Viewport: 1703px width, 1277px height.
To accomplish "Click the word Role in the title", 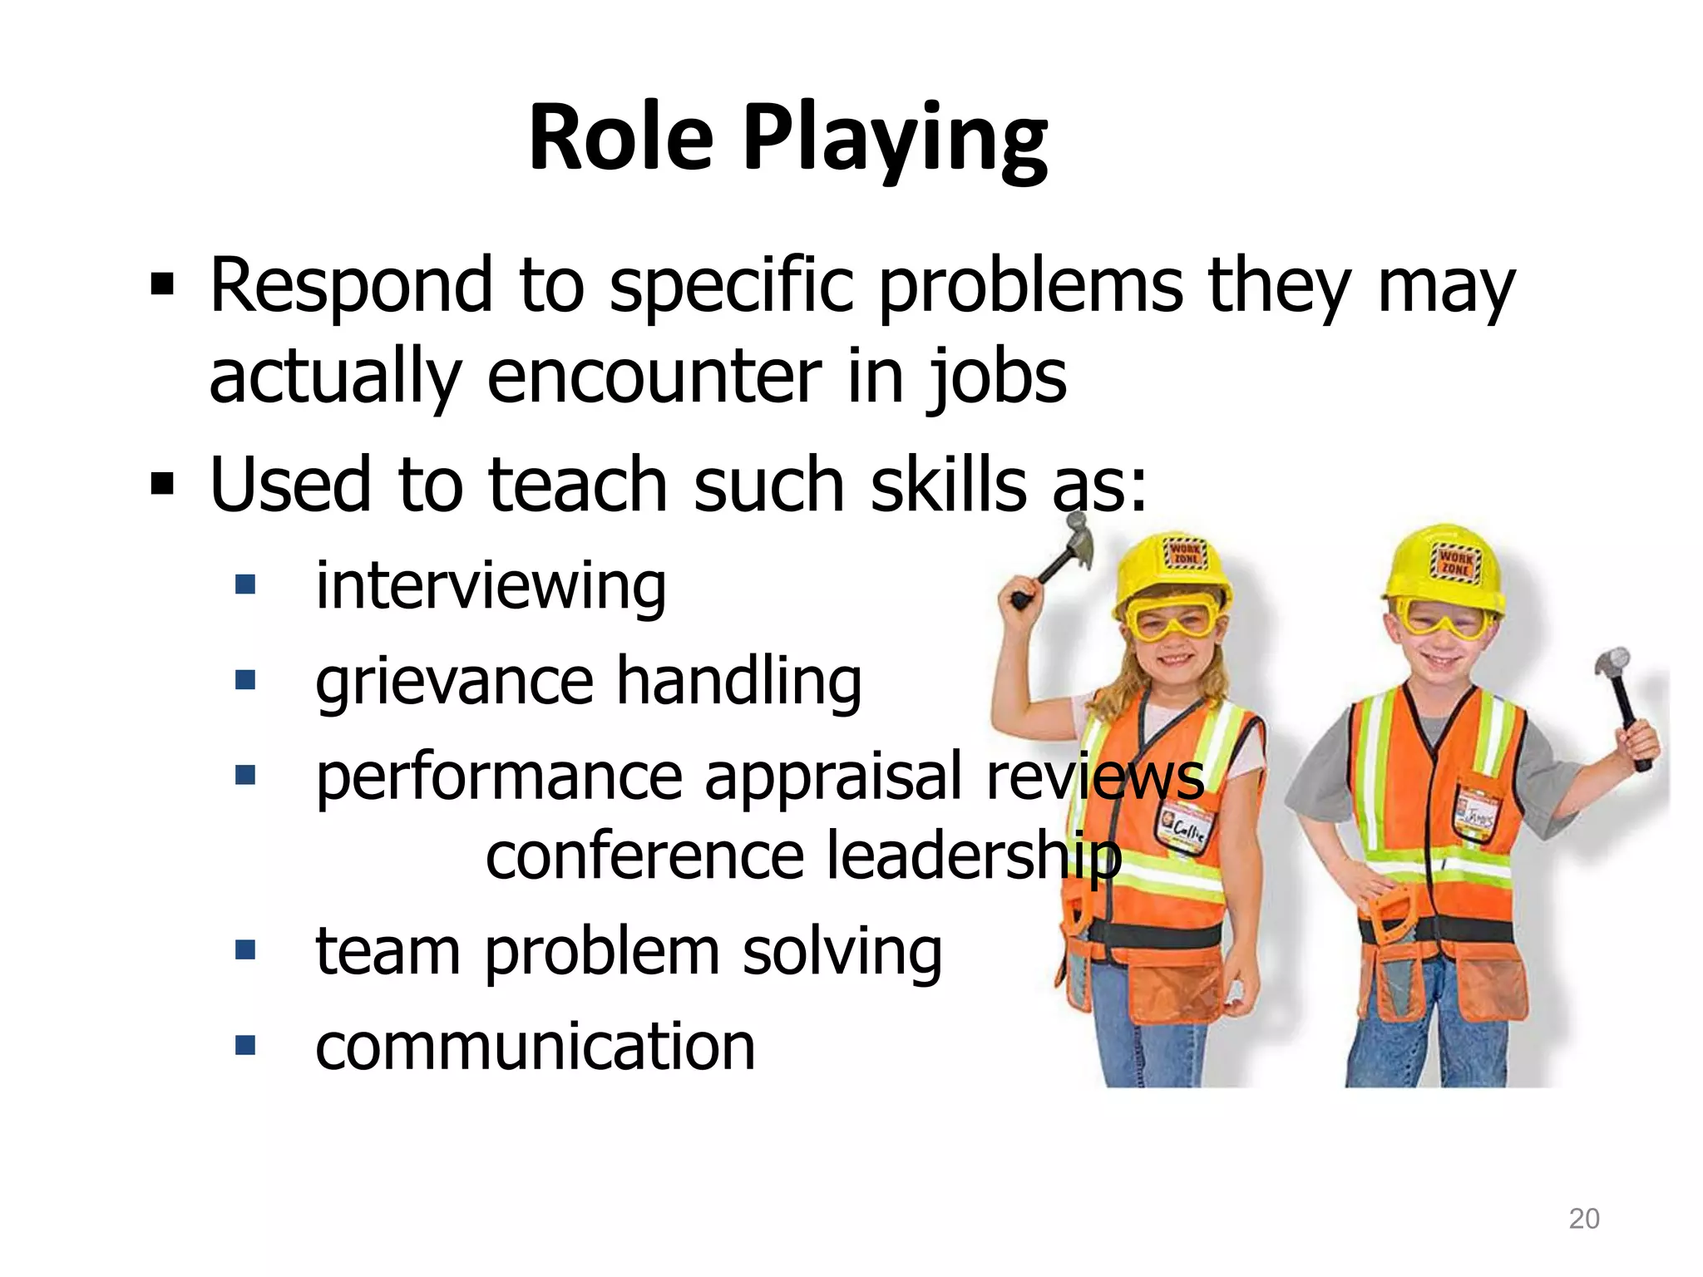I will pyautogui.click(x=620, y=137).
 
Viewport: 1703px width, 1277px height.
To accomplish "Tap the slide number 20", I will pyautogui.click(x=1583, y=1219).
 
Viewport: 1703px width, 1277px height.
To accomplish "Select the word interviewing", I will pyautogui.click(x=491, y=587).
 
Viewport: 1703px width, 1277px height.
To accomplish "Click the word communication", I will pyautogui.click(x=536, y=1046).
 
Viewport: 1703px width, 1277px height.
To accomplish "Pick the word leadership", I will pyautogui.click(x=974, y=856).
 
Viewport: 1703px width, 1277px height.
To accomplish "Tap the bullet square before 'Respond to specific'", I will pyautogui.click(x=162, y=286).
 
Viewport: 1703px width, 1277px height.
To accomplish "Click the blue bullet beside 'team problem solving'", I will pyautogui.click(x=244, y=949).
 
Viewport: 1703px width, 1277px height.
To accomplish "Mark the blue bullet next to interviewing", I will pyautogui.click(x=244, y=584).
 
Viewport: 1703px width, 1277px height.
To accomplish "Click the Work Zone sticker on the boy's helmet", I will pyautogui.click(x=1454, y=560).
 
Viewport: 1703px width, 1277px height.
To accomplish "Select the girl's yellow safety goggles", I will pyautogui.click(x=1169, y=619).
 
